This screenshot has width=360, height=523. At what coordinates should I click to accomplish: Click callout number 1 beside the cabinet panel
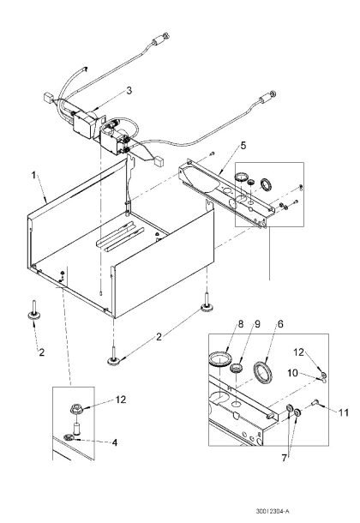33,176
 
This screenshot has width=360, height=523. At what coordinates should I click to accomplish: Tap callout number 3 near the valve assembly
129,90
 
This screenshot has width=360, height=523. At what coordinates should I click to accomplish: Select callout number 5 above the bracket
243,146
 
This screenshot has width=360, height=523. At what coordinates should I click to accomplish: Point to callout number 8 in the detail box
241,324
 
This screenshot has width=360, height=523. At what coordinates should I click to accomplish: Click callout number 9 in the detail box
257,324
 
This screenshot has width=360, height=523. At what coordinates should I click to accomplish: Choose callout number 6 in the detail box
280,324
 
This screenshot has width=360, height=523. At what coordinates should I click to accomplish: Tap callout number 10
292,373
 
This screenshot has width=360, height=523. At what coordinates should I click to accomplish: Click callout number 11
344,412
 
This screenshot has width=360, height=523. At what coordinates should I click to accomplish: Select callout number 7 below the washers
284,458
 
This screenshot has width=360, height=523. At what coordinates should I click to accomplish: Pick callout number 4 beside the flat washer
115,442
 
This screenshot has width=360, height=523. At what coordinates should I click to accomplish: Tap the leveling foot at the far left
33,311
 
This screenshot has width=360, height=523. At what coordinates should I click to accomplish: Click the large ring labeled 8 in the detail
220,359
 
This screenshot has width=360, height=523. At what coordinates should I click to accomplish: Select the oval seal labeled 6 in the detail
263,371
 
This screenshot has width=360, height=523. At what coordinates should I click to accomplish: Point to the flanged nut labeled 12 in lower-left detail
76,409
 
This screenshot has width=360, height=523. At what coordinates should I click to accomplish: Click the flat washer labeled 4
69,437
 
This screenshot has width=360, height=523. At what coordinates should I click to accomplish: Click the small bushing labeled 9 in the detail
236,368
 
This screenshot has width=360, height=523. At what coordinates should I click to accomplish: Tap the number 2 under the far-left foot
42,352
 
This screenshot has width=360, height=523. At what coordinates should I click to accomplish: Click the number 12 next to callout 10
298,352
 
